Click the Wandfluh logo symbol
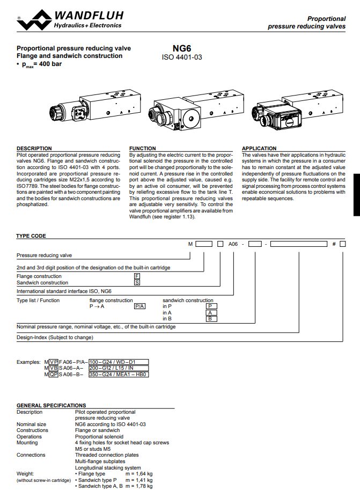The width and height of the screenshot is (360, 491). [x=33, y=20]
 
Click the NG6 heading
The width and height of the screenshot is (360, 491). [x=182, y=48]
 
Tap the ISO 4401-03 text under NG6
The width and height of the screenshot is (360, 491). [x=182, y=56]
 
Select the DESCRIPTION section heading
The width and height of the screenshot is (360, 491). [x=34, y=149]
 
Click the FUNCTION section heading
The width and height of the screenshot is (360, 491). [x=143, y=149]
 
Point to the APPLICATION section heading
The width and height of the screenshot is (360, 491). [x=259, y=149]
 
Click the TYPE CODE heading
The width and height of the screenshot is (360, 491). [x=31, y=236]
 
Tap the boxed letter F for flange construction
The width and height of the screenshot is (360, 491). [x=137, y=276]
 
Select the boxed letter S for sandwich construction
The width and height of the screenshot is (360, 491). [x=137, y=282]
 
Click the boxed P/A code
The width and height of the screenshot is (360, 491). [x=139, y=306]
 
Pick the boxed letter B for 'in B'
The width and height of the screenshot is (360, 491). [x=211, y=319]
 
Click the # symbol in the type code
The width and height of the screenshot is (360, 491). [x=334, y=244]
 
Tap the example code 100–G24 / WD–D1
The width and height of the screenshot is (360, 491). [x=111, y=362]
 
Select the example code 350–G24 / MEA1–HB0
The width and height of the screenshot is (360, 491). [x=118, y=374]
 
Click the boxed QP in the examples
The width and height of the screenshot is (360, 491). [x=53, y=374]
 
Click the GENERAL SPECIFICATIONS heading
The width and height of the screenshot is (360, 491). [x=51, y=405]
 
